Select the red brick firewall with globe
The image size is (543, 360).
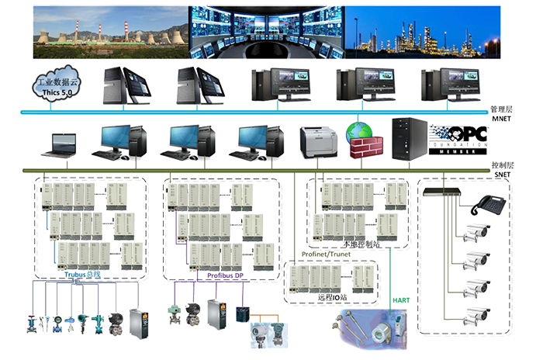[361, 140]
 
